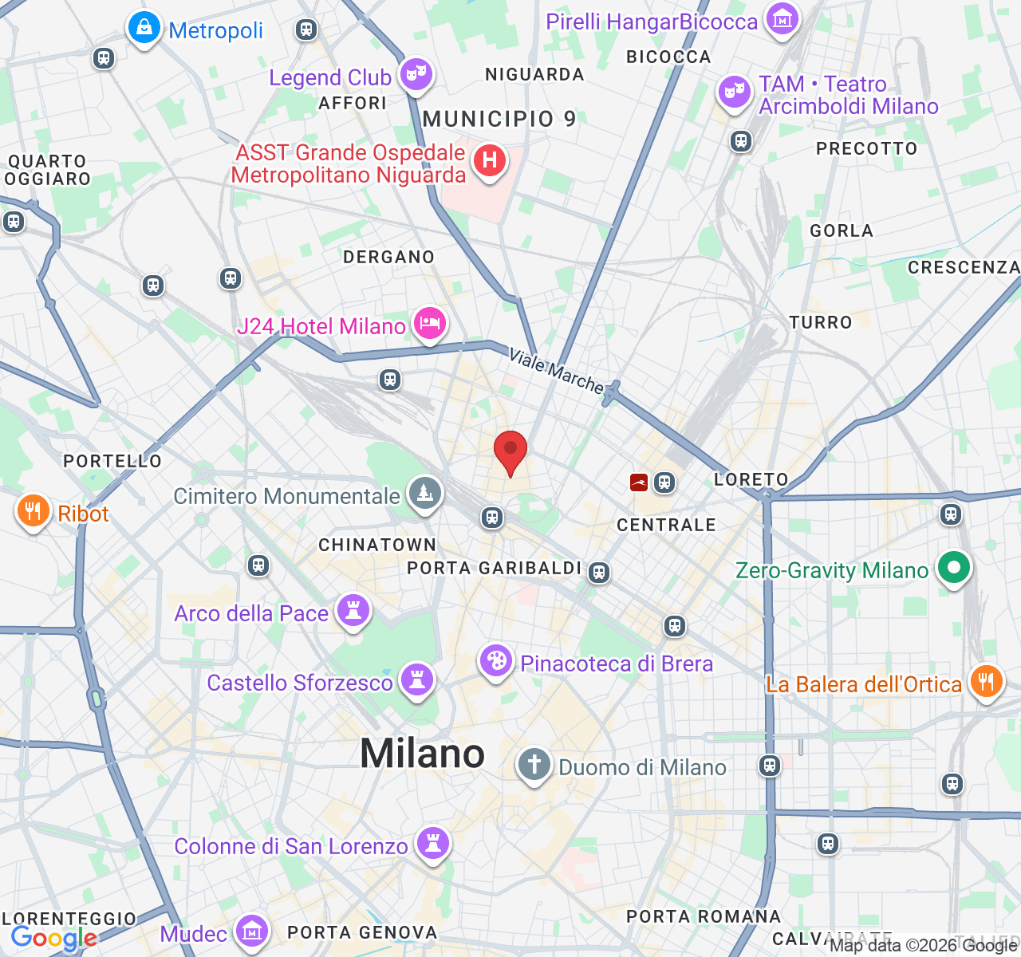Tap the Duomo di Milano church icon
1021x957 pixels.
(534, 765)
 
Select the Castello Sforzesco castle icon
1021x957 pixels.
(416, 679)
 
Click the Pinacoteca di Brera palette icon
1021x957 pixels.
(496, 661)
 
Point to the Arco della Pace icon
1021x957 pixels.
(353, 611)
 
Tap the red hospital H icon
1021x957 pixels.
(490, 160)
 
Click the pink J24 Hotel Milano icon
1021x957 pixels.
(430, 323)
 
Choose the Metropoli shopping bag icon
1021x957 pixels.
(144, 28)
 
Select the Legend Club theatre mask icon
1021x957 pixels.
(416, 75)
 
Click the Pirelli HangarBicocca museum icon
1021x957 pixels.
(783, 19)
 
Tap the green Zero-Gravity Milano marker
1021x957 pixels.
(953, 568)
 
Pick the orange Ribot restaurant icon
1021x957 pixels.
(33, 511)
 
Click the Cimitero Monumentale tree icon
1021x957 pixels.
(425, 494)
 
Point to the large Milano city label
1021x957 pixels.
(422, 754)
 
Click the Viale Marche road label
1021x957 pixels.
(557, 371)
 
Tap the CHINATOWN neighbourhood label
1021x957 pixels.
(377, 545)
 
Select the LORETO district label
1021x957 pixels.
(751, 479)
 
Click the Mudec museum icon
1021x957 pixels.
(252, 931)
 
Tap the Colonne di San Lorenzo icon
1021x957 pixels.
(433, 843)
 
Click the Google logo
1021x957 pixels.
(53, 939)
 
